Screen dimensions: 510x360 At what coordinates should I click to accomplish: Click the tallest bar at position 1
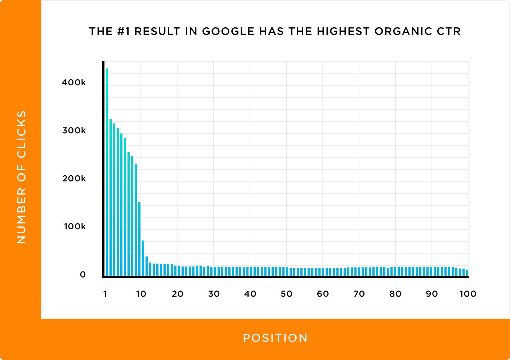coord(107,172)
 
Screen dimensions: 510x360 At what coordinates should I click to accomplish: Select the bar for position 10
coord(139,239)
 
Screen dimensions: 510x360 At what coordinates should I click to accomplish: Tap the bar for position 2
coord(111,198)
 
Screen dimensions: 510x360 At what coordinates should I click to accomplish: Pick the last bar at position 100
coord(467,273)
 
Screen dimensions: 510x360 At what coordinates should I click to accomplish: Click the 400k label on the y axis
coord(74,82)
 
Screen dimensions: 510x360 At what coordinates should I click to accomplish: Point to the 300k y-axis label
coord(74,130)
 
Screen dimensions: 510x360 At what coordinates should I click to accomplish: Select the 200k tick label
coord(74,179)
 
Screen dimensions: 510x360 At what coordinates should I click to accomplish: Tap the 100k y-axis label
coord(75,226)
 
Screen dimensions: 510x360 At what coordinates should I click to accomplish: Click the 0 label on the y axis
coord(83,274)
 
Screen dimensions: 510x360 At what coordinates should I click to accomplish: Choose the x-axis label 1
coord(105,294)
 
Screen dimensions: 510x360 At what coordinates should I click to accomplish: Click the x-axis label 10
coord(141,294)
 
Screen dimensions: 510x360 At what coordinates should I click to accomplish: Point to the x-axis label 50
coord(286,294)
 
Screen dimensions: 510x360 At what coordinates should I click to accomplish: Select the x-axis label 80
coord(395,294)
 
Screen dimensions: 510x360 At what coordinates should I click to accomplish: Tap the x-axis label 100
coord(468,294)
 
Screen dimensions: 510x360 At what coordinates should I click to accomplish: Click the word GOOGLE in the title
coord(228,31)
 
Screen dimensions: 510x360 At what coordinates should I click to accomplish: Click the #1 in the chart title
coord(124,31)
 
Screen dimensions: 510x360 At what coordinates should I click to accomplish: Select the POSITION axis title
coord(275,338)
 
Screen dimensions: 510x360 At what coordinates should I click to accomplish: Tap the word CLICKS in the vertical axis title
coord(22,134)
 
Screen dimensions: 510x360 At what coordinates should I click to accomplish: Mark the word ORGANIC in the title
coord(403,31)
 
